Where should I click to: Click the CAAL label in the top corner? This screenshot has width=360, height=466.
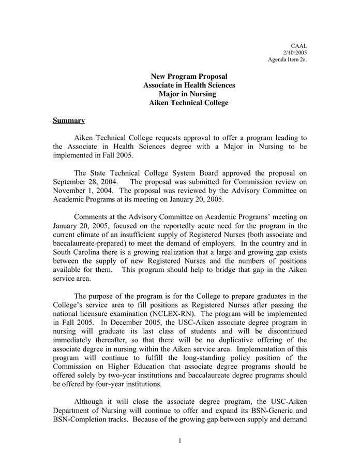pos(299,46)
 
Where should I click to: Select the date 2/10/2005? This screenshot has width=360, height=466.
pos(295,52)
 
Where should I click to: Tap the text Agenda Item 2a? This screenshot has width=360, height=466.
pos(287,60)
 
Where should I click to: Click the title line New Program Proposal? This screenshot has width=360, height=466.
pos(189,77)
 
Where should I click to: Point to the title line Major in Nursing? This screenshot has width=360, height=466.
pos(189,94)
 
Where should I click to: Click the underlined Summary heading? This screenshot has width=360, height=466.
pos(69,121)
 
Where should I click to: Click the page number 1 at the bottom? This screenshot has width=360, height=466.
pos(179,441)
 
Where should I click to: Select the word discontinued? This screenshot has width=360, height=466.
pos(283,331)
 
